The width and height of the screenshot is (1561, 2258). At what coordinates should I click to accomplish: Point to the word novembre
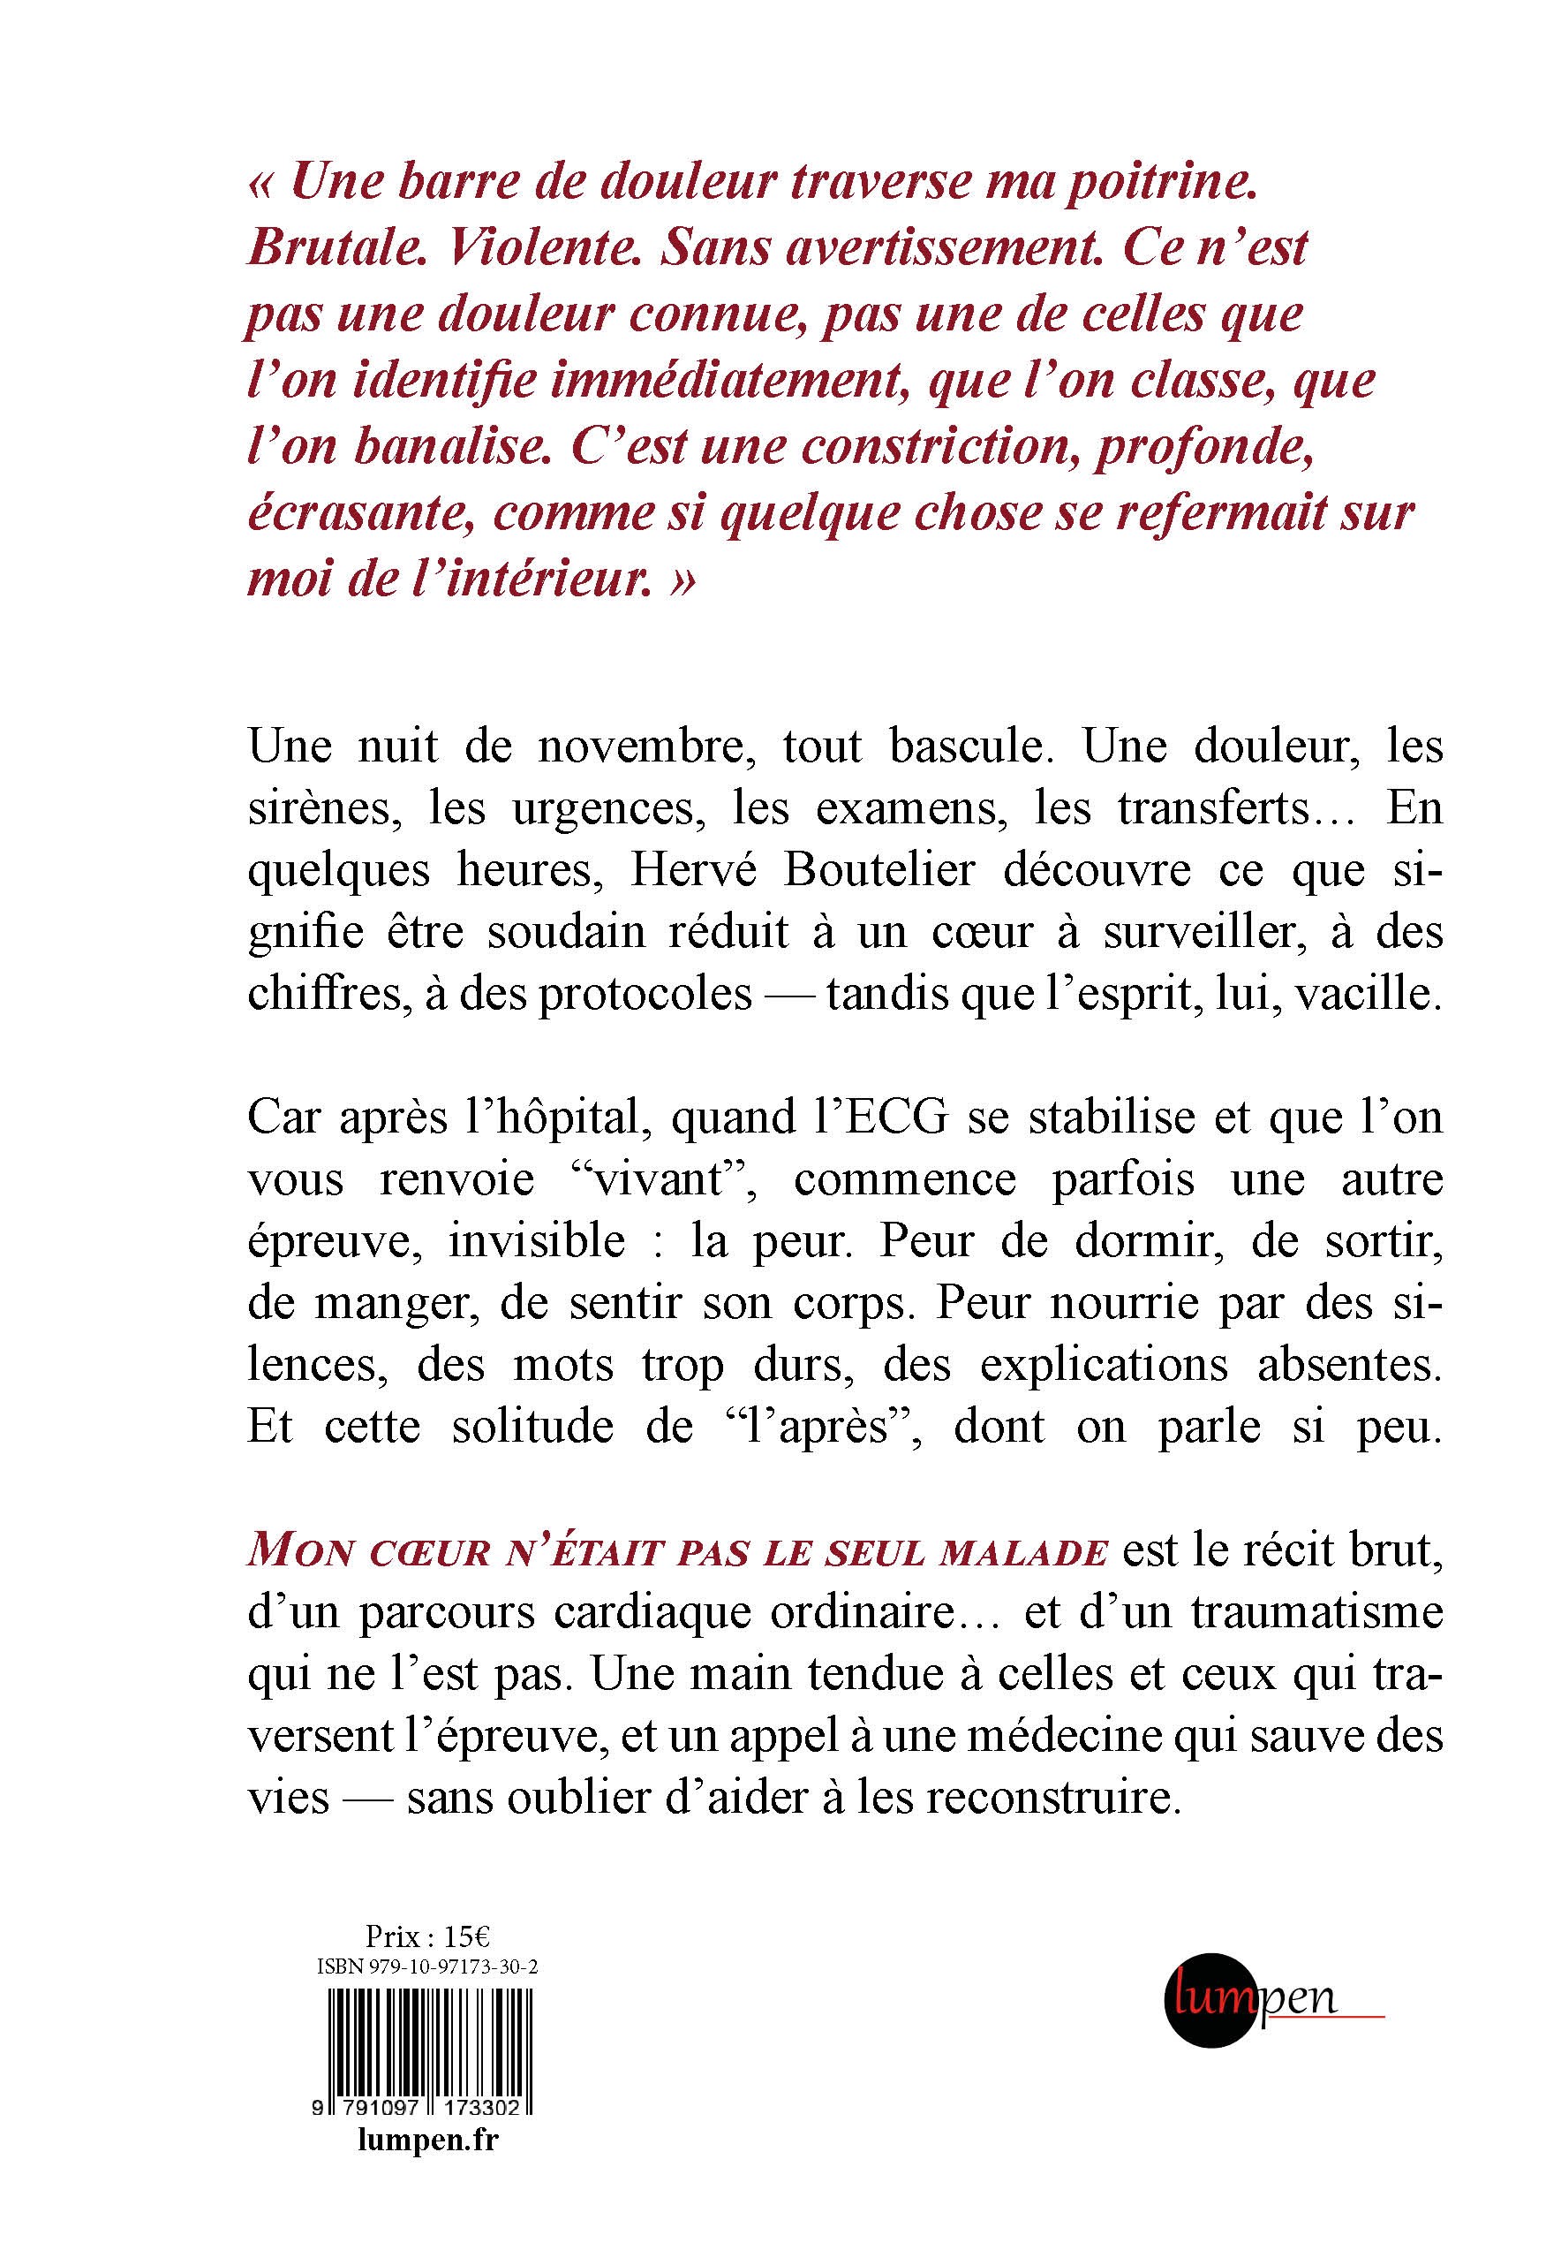646,746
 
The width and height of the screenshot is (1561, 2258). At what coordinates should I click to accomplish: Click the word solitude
532,1427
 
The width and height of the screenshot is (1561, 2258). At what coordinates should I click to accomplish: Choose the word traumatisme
1316,1612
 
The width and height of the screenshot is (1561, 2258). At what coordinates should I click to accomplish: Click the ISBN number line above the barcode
427,1968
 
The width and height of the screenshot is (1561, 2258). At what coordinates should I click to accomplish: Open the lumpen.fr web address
427,2140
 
